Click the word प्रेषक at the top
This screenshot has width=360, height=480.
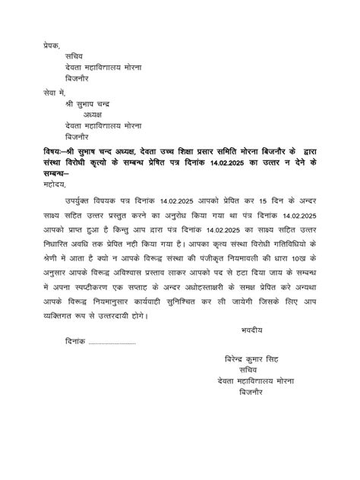[54, 46]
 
